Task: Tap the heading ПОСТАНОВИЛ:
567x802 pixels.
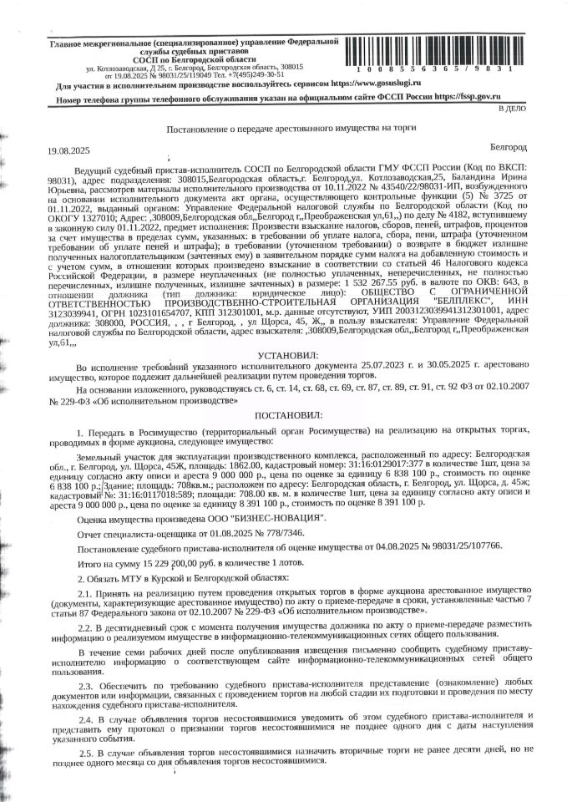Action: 284,412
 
